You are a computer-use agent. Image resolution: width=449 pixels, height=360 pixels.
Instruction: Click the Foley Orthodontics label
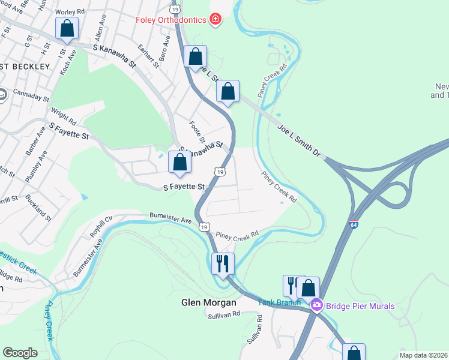tap(170, 20)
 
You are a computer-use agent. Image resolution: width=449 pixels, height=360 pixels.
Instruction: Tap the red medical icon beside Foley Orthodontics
tap(215, 20)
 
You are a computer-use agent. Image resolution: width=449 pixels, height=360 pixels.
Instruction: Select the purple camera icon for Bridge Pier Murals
tap(316, 306)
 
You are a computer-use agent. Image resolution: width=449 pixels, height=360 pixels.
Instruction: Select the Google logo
tap(20, 353)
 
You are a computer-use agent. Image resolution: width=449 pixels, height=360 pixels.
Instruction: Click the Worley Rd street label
tap(70, 12)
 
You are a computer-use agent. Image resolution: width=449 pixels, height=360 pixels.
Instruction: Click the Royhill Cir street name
tap(101, 228)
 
